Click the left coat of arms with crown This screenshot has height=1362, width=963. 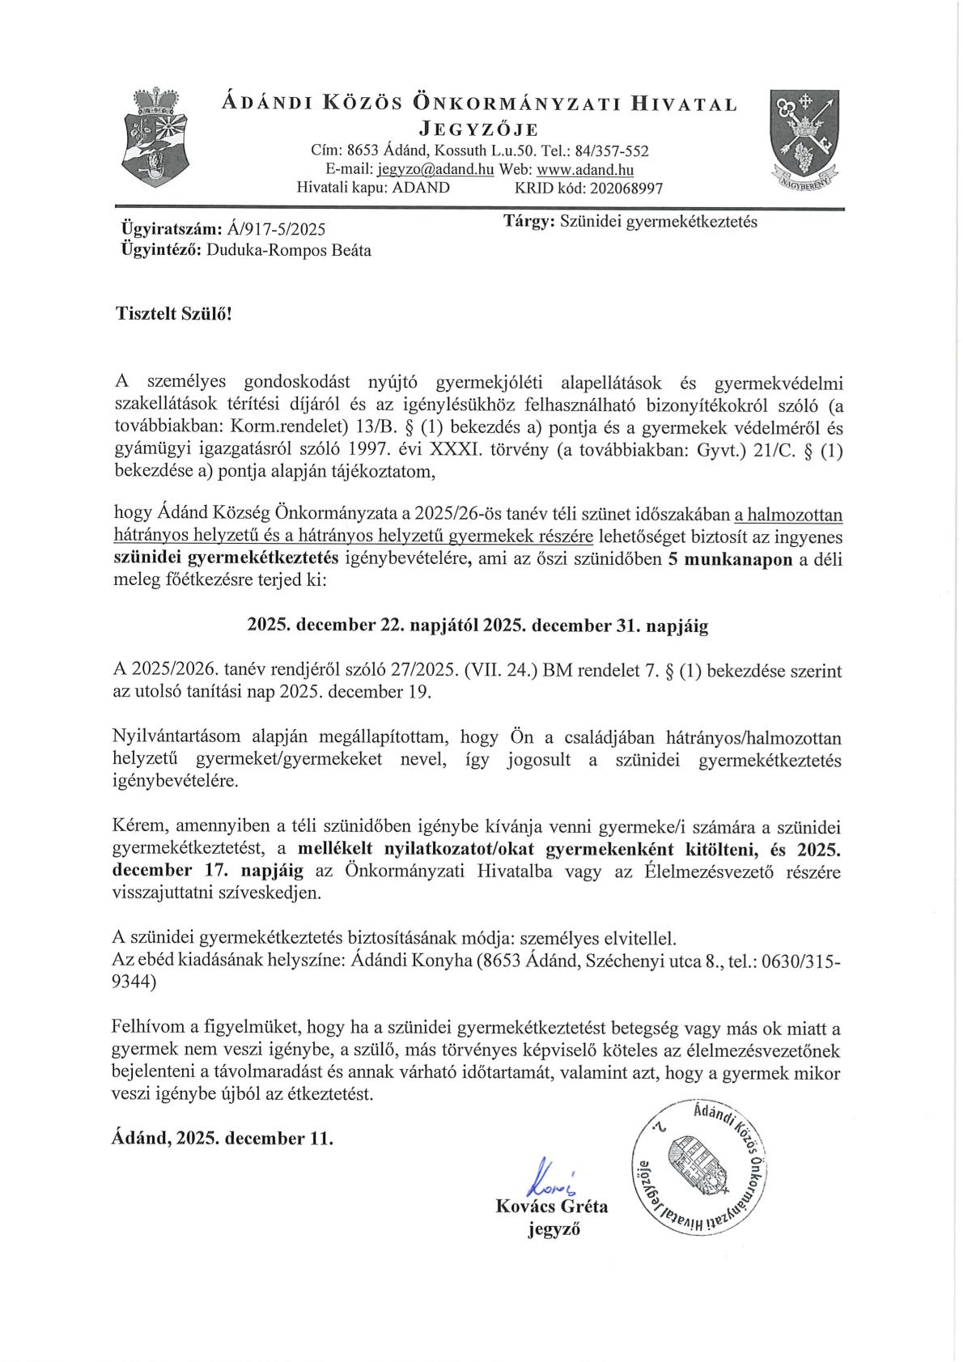(x=154, y=138)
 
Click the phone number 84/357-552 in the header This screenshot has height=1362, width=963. (x=614, y=151)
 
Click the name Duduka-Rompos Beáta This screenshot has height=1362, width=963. (x=289, y=250)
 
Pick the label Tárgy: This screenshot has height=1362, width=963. (x=528, y=221)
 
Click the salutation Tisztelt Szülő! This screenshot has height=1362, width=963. (x=172, y=313)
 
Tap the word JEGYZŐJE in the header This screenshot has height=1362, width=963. (x=478, y=129)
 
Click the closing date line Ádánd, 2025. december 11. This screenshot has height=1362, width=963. (x=222, y=1138)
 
